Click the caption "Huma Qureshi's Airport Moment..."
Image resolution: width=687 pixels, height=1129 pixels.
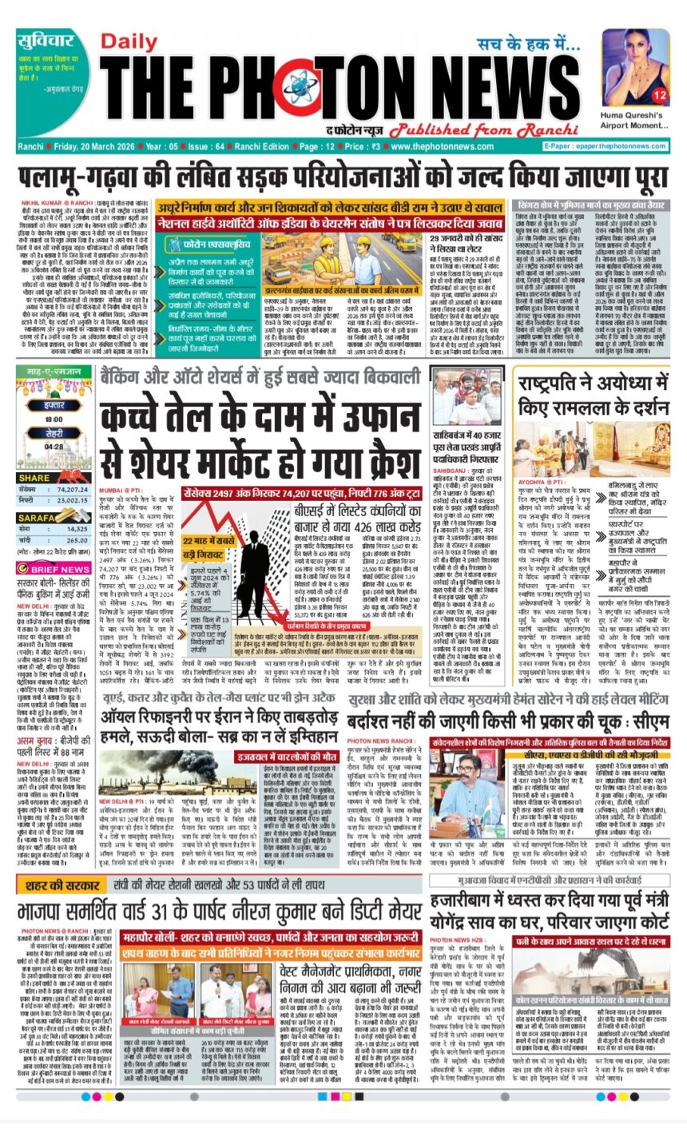click(631, 124)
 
